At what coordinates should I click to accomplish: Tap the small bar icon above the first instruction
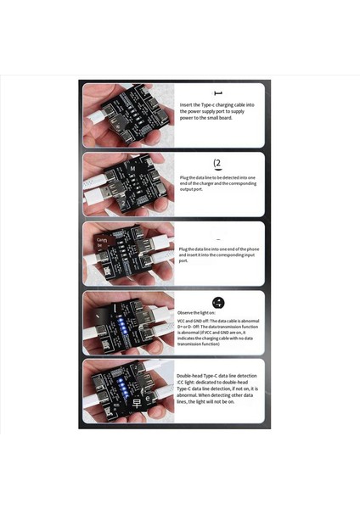pos(218,93)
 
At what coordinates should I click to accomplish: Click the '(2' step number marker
pos(218,162)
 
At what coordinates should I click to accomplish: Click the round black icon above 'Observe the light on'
pos(218,303)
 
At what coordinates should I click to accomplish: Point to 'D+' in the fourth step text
pos(181,328)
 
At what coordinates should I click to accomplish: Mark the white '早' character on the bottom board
pos(128,417)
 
